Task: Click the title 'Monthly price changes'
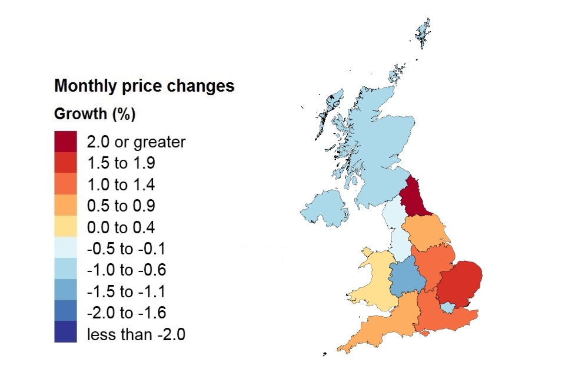click(144, 86)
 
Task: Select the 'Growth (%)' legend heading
click(95, 114)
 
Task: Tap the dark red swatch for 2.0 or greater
click(65, 142)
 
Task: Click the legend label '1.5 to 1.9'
click(121, 163)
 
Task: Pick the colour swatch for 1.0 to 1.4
click(65, 184)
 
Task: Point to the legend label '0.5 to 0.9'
click(121, 206)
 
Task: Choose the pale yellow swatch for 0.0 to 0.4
click(65, 227)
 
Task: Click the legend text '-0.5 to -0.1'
click(126, 249)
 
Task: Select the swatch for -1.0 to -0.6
click(65, 270)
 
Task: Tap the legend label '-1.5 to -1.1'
click(126, 292)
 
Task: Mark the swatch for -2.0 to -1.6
click(65, 313)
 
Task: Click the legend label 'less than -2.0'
click(136, 335)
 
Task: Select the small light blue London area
click(448, 307)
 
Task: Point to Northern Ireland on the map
click(324, 209)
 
